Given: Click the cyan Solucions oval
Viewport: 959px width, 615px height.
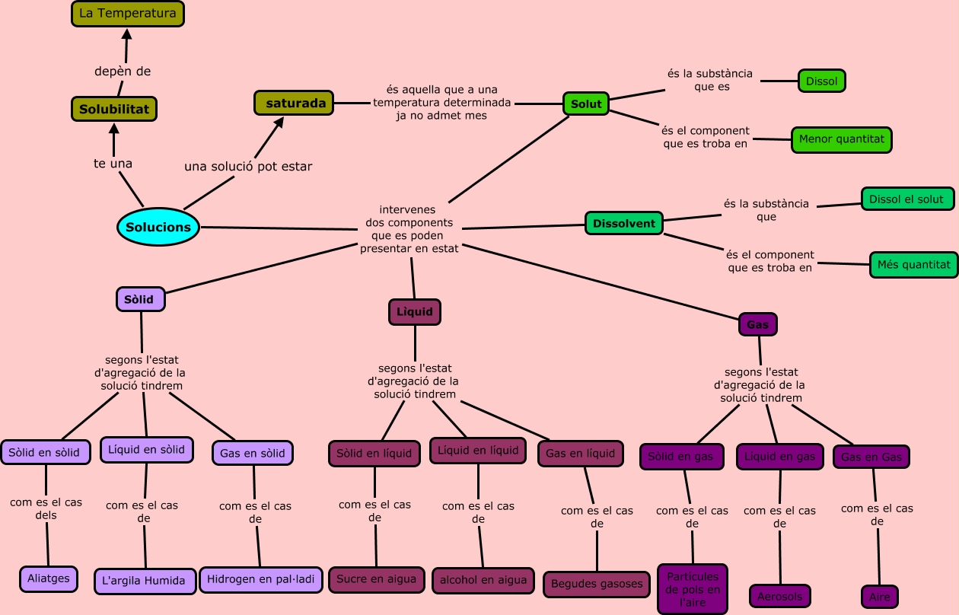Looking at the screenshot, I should click(158, 228).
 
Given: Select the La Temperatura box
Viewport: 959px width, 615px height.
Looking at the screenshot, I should click(128, 13).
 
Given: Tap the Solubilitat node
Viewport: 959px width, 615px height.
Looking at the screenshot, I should click(114, 109).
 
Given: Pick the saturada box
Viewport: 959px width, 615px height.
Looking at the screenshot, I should click(294, 103).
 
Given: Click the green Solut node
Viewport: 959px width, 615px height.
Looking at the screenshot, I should click(586, 104).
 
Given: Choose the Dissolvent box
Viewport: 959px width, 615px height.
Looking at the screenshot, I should click(624, 224).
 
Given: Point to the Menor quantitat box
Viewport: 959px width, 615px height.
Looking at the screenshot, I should click(841, 140).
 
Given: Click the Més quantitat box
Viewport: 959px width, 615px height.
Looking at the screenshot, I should click(913, 265).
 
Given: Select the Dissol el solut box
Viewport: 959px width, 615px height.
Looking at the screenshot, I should click(906, 199).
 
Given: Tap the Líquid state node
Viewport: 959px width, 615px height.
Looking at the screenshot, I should click(415, 312).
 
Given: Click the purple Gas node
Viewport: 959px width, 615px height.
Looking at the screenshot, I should click(758, 324).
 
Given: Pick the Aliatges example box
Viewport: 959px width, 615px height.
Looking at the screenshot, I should click(49, 578).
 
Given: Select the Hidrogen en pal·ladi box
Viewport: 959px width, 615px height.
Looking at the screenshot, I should click(260, 579).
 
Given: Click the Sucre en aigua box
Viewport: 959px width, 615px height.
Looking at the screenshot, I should click(377, 579).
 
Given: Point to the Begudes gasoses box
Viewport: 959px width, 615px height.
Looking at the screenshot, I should click(597, 585).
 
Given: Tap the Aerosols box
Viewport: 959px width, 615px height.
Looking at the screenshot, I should click(779, 596).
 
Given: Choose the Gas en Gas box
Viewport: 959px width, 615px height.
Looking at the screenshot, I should click(871, 457).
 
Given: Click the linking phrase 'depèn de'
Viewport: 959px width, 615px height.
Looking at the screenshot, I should click(123, 72).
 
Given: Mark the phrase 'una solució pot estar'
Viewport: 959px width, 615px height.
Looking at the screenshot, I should click(248, 166).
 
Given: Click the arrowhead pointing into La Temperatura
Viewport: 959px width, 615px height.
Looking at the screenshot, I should click(126, 34).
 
